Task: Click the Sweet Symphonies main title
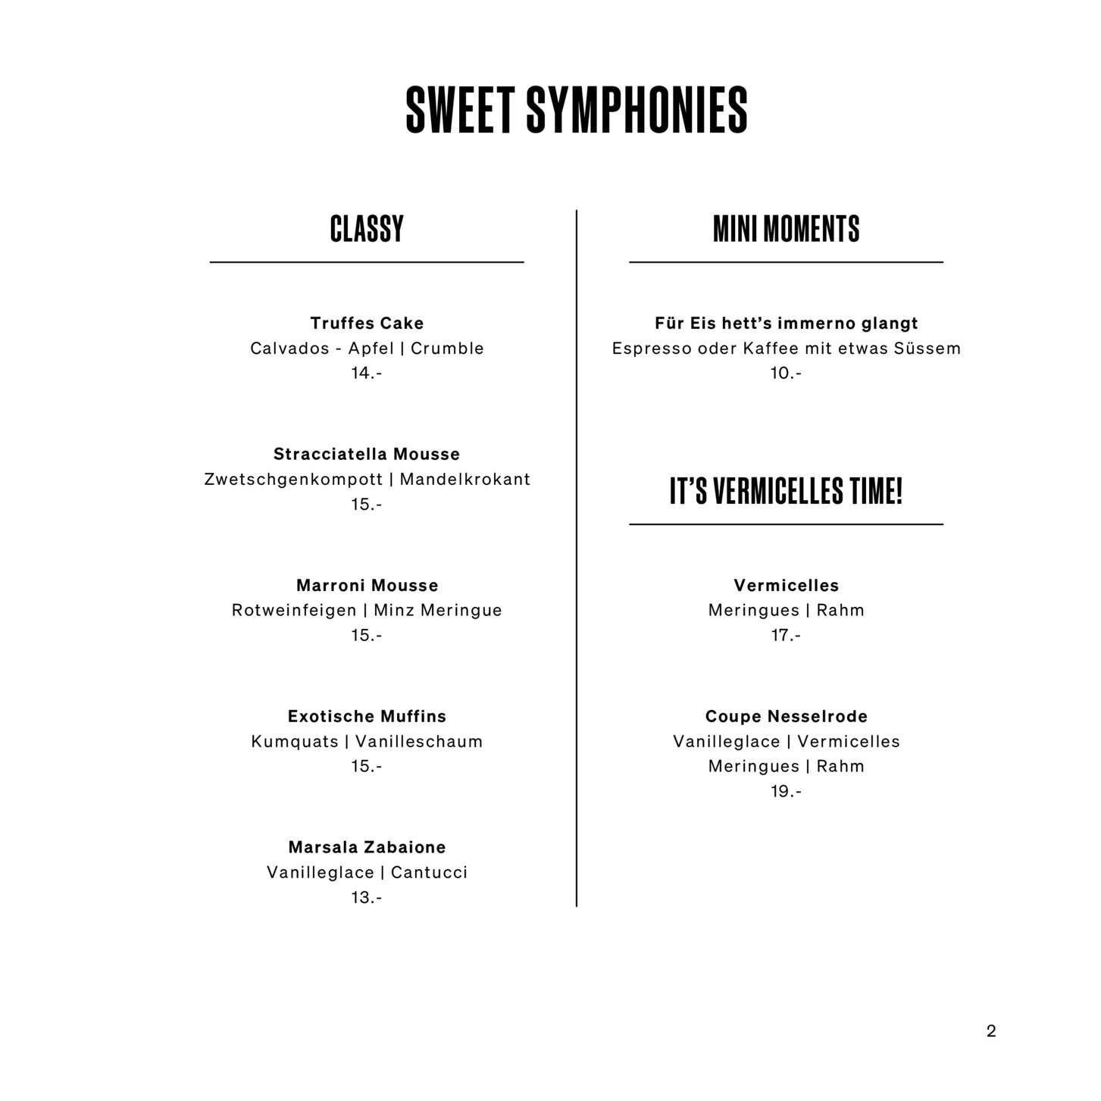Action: [577, 110]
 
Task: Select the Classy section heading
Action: [367, 229]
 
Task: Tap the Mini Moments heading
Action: [786, 229]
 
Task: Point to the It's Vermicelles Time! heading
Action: [786, 491]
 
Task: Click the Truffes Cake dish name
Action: [367, 324]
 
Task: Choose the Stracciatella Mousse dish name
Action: [367, 455]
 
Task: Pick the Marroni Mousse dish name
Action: [367, 586]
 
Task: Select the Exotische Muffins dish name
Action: [367, 717]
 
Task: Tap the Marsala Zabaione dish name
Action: [367, 848]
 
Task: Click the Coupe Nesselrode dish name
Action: [786, 717]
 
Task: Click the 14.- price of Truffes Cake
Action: [367, 374]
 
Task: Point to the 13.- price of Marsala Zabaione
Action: [367, 898]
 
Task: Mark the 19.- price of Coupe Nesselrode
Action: [786, 792]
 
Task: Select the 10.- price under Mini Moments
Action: [786, 374]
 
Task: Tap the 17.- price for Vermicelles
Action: [786, 636]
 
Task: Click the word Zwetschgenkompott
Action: [293, 480]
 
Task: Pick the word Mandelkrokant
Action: [464, 480]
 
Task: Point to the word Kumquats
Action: [295, 742]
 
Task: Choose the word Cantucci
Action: [429, 873]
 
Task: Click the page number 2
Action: [991, 1031]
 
